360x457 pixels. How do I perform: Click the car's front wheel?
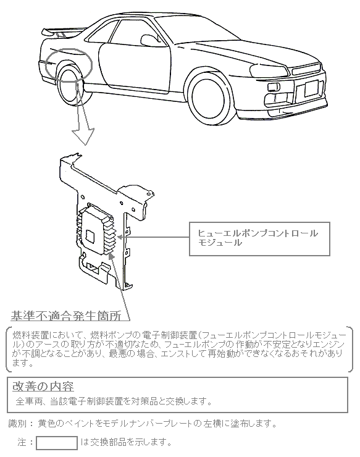click(x=209, y=97)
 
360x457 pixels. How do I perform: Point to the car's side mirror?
click(x=149, y=40)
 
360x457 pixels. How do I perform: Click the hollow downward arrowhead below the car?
click(x=83, y=136)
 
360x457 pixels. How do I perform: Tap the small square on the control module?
click(x=90, y=235)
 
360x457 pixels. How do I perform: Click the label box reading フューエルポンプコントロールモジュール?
click(x=259, y=239)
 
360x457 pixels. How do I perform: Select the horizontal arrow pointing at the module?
click(x=153, y=237)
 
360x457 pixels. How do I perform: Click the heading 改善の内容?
click(x=43, y=387)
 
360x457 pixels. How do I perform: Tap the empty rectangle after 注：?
click(x=57, y=443)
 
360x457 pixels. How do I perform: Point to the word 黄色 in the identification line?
click(x=47, y=424)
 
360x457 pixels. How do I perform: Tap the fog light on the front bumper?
click(x=274, y=86)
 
